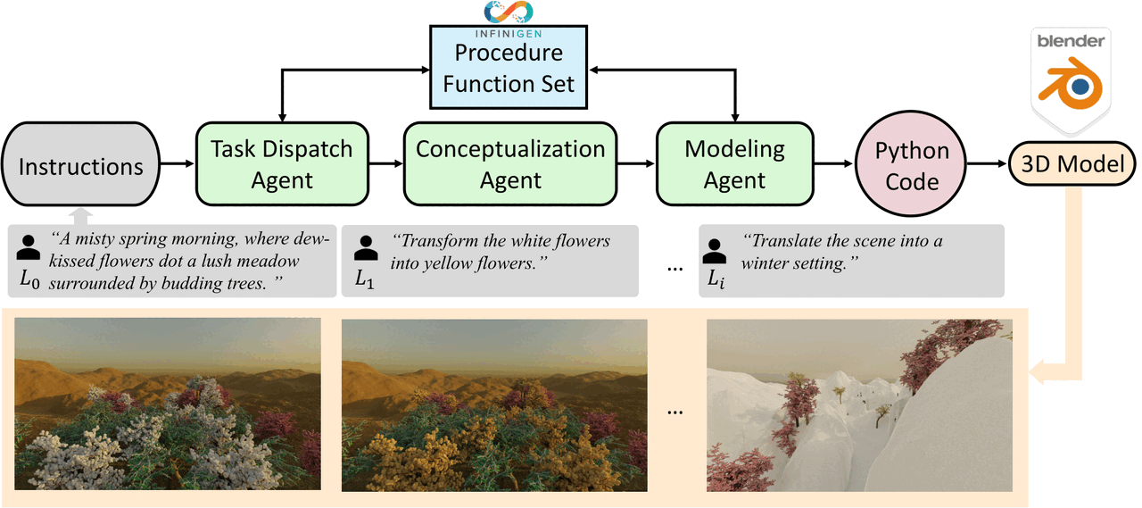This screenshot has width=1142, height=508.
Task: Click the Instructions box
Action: pos(80,163)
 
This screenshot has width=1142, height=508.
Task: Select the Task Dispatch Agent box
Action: pos(282,163)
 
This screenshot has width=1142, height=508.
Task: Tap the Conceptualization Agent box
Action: pos(510,163)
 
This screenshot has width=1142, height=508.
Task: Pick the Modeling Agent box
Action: pos(734,163)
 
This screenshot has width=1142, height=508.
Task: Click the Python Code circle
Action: pos(911,163)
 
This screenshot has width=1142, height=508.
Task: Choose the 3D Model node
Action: pos(1072,163)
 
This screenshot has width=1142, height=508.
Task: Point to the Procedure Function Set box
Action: pos(509,67)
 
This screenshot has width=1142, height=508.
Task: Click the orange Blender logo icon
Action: pos(1071,84)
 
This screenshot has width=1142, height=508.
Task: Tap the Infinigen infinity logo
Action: pos(509,12)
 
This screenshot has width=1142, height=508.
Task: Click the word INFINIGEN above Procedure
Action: pos(509,34)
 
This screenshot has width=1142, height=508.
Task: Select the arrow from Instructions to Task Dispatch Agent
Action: pos(178,163)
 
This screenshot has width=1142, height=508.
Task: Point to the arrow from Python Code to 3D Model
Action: pos(988,163)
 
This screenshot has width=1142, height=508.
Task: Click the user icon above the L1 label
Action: pos(366,248)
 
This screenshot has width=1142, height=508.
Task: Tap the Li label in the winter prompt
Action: pos(716,279)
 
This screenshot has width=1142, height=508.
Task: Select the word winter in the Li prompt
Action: pos(767,263)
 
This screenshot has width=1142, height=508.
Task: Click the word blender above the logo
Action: pos(1071,41)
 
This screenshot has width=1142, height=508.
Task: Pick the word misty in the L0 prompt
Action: pos(98,239)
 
